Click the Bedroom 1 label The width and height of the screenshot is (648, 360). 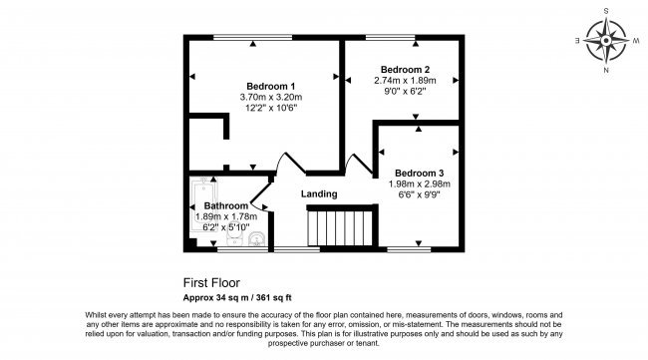pos(270,86)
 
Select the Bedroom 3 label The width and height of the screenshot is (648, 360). pos(420,171)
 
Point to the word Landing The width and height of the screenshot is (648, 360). pos(318,193)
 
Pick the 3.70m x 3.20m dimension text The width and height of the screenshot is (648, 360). pos(270,98)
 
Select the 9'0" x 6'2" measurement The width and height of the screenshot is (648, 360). pos(399,92)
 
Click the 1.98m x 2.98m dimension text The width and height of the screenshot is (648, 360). pos(420,183)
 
